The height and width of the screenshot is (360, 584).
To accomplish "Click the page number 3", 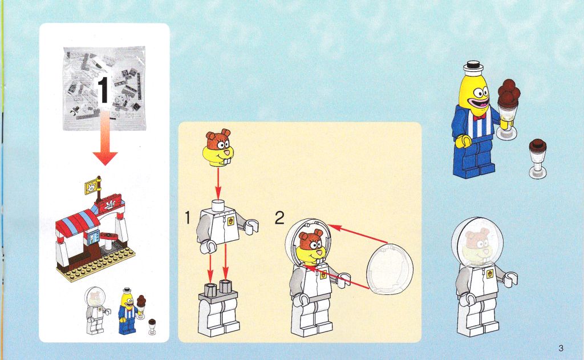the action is tap(561, 349).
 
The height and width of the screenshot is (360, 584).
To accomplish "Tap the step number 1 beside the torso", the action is tap(188, 217).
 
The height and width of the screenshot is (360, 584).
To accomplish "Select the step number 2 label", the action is tap(279, 217).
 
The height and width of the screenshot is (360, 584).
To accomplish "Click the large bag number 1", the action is tap(103, 90).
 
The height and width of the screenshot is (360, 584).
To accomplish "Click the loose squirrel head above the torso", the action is tap(218, 148).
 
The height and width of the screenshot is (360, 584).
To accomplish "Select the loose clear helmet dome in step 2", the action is tap(390, 267).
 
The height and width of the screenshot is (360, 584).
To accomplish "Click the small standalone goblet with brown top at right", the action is tap(538, 158).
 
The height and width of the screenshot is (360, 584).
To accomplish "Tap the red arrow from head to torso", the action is tap(218, 183).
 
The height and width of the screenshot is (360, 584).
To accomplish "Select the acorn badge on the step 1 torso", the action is tap(231, 221).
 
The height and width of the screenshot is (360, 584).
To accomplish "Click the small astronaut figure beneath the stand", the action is tap(96, 310).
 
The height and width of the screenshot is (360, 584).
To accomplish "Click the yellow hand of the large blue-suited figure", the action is tap(463, 141).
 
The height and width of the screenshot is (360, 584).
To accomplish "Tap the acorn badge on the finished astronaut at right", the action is tap(489, 273).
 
